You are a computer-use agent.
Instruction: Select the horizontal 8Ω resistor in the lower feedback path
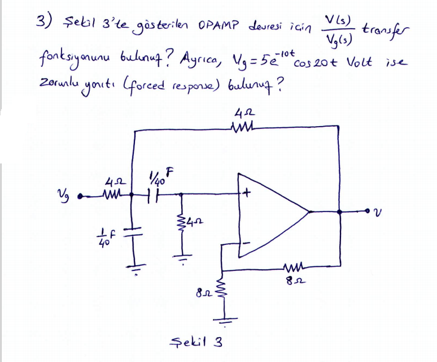coord(295,268)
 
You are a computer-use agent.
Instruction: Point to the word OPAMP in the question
coord(219,25)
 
